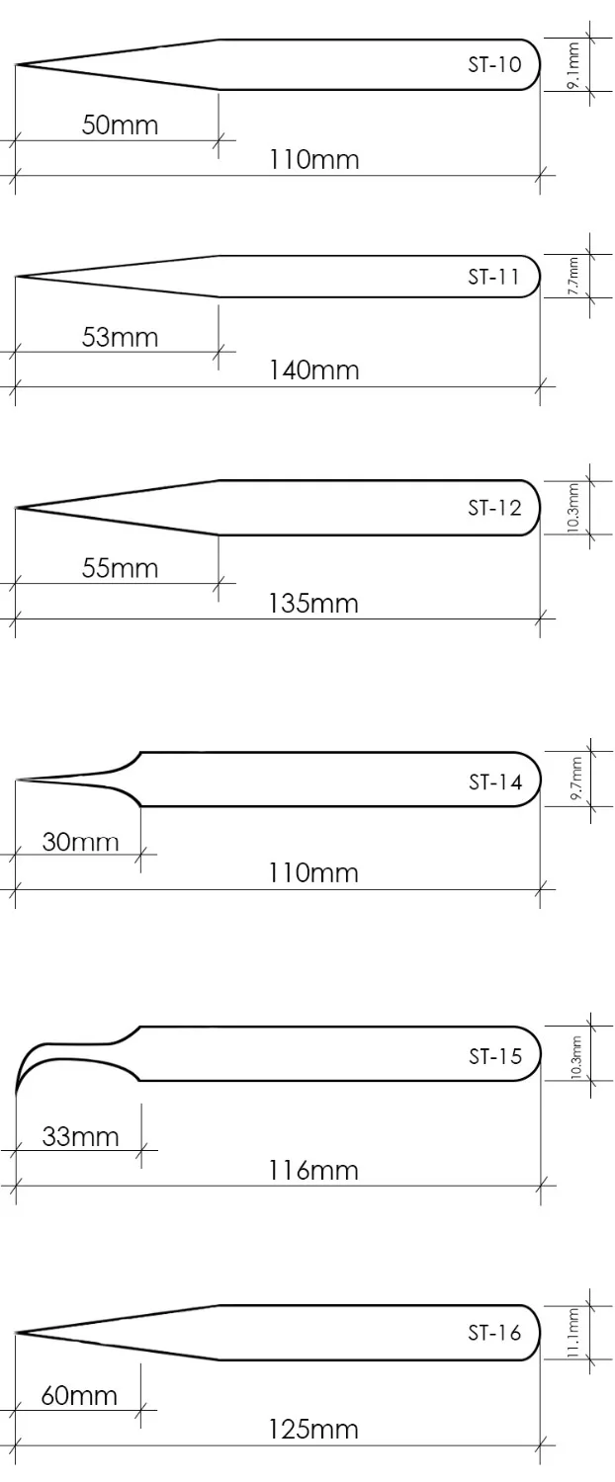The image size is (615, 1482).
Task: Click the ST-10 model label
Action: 494,65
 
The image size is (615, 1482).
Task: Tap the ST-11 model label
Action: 493,277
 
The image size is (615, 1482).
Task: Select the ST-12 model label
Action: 494,508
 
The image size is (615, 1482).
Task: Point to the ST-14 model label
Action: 495,782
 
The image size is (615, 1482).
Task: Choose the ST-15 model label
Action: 495,1056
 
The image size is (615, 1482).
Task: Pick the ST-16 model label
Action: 494,1333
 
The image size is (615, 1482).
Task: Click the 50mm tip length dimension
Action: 120,125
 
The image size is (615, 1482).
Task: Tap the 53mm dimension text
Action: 120,338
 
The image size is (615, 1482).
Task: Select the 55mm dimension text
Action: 120,568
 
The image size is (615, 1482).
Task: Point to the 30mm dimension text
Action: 80,842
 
